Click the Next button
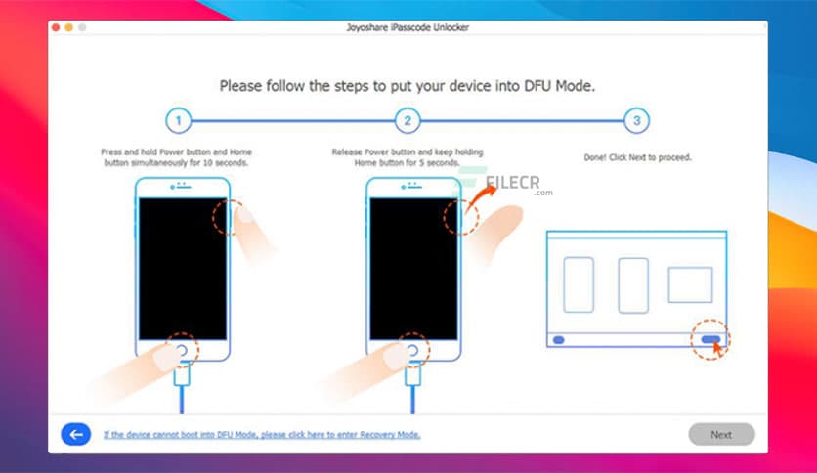tap(721, 434)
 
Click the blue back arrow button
tap(75, 434)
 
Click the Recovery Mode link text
tap(262, 434)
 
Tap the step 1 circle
tap(177, 121)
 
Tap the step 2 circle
tap(407, 121)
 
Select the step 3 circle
tap(636, 121)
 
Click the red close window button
tap(56, 27)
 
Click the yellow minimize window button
tap(69, 27)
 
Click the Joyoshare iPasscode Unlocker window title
tap(408, 27)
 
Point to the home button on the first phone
tap(182, 350)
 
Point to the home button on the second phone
tap(412, 350)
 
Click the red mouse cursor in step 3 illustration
tap(719, 347)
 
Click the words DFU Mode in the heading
tap(558, 86)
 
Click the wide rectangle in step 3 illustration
tap(690, 284)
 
